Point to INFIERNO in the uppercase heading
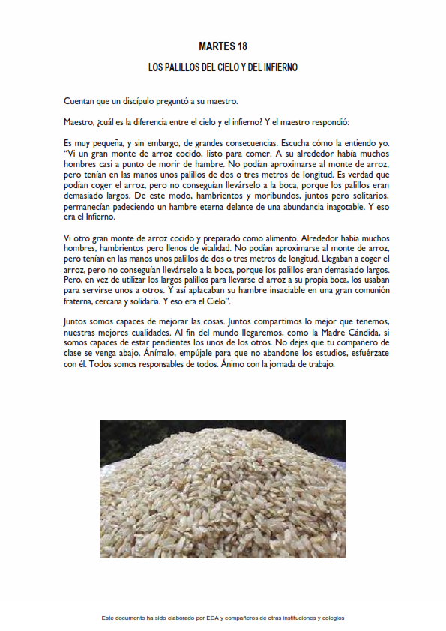point(278,67)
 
